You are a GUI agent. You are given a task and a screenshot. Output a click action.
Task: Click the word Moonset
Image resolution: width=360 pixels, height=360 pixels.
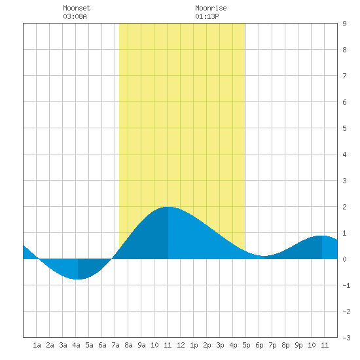click(x=77, y=8)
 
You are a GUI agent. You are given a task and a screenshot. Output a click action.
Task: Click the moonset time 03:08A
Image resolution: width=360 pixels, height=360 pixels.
click(x=75, y=16)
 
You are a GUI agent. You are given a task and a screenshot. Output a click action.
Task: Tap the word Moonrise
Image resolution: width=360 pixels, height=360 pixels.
click(x=211, y=8)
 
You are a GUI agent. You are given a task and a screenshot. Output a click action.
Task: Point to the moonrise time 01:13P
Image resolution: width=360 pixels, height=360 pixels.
click(x=207, y=16)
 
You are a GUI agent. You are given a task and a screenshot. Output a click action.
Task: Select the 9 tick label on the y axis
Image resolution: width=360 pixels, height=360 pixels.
click(x=344, y=24)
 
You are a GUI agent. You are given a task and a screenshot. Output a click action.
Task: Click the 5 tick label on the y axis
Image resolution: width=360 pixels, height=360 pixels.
click(x=344, y=128)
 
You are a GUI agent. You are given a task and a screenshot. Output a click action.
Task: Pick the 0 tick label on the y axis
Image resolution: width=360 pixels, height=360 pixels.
click(x=344, y=259)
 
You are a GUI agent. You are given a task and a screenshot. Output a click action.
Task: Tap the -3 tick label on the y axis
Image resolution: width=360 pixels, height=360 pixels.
click(x=346, y=338)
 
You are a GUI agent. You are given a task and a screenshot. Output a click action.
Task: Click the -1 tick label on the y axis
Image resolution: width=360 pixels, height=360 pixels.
click(x=346, y=285)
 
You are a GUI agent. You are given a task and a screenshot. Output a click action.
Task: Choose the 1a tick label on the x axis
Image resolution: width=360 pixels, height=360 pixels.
click(x=37, y=345)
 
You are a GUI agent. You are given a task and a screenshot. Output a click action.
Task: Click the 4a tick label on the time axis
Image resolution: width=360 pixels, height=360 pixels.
click(x=76, y=345)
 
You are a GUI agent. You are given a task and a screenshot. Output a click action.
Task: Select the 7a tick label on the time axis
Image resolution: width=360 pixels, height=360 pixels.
click(x=115, y=345)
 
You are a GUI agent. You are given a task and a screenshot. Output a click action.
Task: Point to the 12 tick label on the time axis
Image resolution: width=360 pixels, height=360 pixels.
click(x=181, y=345)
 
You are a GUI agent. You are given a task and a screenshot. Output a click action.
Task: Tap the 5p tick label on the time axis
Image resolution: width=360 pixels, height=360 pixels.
click(x=246, y=345)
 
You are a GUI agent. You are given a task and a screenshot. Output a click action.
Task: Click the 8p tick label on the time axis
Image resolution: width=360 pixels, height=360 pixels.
click(x=285, y=345)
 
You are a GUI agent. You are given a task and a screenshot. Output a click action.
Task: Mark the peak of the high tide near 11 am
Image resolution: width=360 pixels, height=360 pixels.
click(x=168, y=207)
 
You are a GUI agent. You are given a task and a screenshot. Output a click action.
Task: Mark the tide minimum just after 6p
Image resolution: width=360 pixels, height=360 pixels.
click(x=264, y=256)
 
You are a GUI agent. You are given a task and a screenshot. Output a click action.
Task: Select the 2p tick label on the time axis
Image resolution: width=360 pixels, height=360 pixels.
click(x=207, y=345)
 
